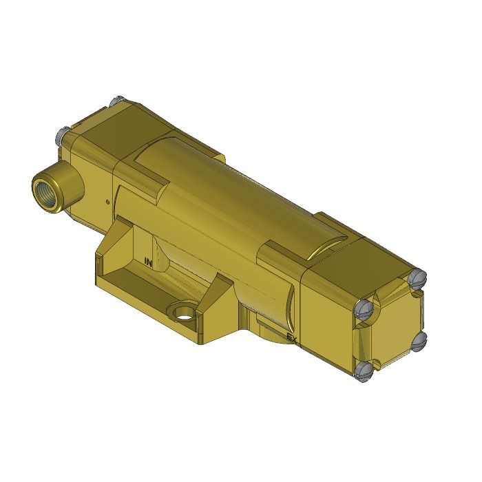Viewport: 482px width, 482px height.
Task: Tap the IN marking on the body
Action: (148, 262)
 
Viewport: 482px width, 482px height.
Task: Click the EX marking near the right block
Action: (292, 337)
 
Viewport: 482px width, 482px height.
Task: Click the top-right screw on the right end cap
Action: (418, 277)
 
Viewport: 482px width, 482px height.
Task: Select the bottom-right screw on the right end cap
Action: (420, 339)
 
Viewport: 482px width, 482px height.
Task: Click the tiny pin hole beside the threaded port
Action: (107, 202)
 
